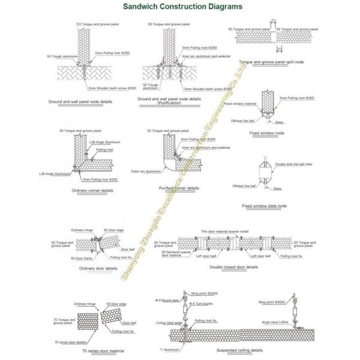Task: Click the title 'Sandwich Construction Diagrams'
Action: tap(175, 7)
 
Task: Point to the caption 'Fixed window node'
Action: tap(267, 133)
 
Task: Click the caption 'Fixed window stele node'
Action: tap(265, 206)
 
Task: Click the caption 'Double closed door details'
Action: tap(235, 266)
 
